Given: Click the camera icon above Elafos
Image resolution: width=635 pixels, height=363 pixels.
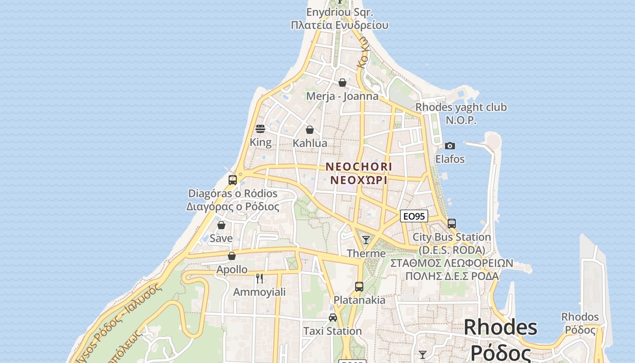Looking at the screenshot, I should [x=450, y=146].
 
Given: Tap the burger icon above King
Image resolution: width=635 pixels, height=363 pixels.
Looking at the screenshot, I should [x=260, y=129].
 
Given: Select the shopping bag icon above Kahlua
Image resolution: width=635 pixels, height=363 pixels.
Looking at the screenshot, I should [x=310, y=130].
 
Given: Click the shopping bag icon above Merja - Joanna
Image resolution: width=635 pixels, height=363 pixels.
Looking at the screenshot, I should [x=342, y=83].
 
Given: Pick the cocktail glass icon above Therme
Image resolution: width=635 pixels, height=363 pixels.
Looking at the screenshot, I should [x=366, y=240].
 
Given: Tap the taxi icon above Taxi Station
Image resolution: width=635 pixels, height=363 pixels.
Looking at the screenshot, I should [x=333, y=318].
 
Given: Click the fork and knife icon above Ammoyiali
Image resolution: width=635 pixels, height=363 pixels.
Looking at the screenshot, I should [x=259, y=278].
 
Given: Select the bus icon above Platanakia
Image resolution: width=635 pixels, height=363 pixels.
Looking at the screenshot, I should [x=359, y=287].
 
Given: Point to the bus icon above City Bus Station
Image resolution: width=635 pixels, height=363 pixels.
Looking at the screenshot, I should [x=452, y=223].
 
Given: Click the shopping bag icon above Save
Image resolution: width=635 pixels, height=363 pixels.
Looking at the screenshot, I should [x=221, y=225].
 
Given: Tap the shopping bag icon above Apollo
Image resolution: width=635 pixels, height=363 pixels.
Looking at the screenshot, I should [x=232, y=256].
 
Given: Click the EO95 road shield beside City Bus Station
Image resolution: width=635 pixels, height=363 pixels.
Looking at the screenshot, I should [x=414, y=216].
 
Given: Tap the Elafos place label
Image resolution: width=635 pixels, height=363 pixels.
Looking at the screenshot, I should [x=450, y=159].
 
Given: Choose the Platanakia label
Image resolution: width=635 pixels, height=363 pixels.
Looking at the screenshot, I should [x=360, y=300].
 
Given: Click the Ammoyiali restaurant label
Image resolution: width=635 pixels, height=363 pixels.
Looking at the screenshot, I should [x=259, y=292].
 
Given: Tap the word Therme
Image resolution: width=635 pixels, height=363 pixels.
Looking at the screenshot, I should [x=366, y=253].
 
